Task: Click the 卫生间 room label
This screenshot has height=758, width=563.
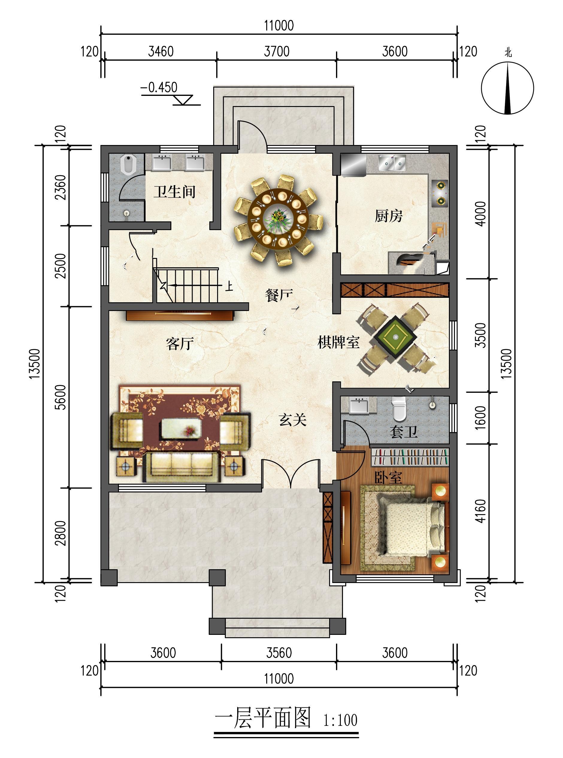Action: point(174,192)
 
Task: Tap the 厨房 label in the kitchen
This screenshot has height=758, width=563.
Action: point(388,215)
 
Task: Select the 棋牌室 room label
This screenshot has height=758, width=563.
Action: point(338,342)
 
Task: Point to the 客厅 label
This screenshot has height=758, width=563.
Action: point(180,344)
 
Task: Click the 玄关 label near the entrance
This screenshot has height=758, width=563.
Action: point(293,420)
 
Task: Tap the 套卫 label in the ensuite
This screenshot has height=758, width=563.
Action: point(403,432)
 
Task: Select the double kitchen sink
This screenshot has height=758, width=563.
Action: point(392,163)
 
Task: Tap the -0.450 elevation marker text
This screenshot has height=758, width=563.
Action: point(159,87)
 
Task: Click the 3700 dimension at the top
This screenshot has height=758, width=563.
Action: point(277,52)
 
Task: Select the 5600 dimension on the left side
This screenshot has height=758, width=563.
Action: point(61,397)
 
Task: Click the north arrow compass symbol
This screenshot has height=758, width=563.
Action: point(508,87)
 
